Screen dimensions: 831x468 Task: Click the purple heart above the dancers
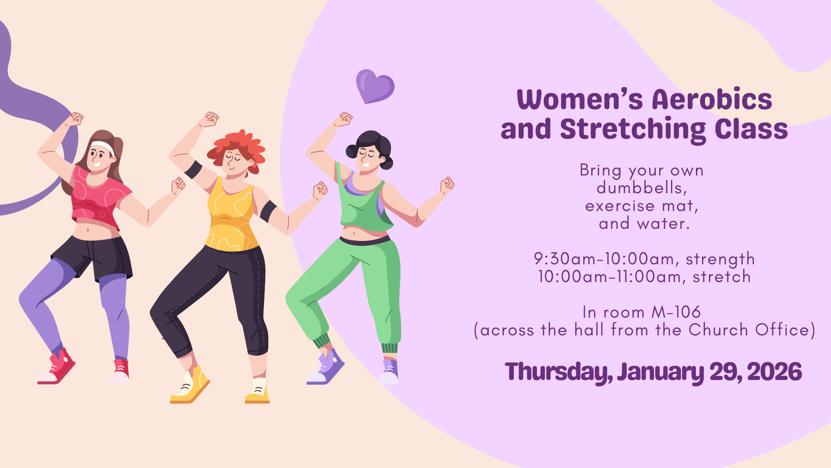point(374,86)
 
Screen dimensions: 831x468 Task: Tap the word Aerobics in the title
point(712,99)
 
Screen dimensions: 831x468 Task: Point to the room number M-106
point(676,312)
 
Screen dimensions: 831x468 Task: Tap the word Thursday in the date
point(559,372)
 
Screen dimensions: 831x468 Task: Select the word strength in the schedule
point(720,259)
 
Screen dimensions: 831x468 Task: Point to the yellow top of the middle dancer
point(230,217)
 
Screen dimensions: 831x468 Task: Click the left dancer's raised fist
point(76,118)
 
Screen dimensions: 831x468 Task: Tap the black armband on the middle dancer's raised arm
point(193,169)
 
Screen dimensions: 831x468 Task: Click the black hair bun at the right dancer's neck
point(386,163)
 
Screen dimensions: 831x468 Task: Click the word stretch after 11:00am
point(721,276)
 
